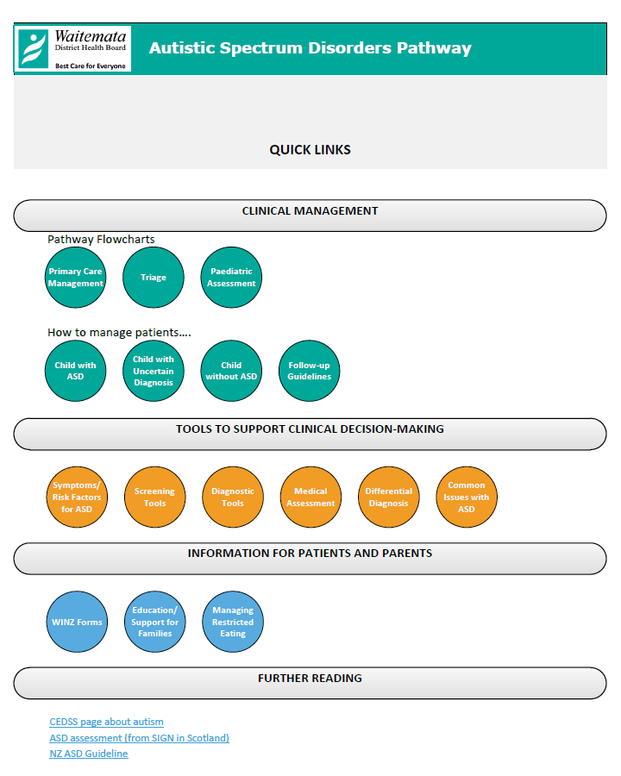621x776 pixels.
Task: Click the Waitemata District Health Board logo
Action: coord(72,49)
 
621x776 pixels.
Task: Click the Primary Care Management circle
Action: coord(75,277)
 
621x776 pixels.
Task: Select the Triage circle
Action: coord(154,277)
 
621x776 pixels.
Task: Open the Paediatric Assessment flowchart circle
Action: coord(231,277)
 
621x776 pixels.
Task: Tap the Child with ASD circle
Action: coord(75,371)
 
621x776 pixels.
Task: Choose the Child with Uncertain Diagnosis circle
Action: coord(154,371)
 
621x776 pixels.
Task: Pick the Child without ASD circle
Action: coord(231,371)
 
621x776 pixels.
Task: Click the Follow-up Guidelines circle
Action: coord(310,371)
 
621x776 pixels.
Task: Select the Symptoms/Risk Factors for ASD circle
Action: coord(77,497)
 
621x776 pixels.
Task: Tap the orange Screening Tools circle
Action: coord(155,497)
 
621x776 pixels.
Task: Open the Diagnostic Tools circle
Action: coord(233,497)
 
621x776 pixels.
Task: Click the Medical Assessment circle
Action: coord(311,497)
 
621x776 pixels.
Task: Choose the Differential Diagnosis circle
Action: coord(389,497)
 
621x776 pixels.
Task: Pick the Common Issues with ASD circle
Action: coord(467,497)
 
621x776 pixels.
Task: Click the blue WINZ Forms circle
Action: coord(77,622)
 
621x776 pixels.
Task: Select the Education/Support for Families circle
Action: coord(155,622)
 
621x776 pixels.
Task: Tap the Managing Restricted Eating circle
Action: coord(233,622)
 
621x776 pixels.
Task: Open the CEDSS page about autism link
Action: coord(106,722)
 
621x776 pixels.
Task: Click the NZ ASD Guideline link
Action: coord(89,754)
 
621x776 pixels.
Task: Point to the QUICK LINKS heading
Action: coord(310,150)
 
